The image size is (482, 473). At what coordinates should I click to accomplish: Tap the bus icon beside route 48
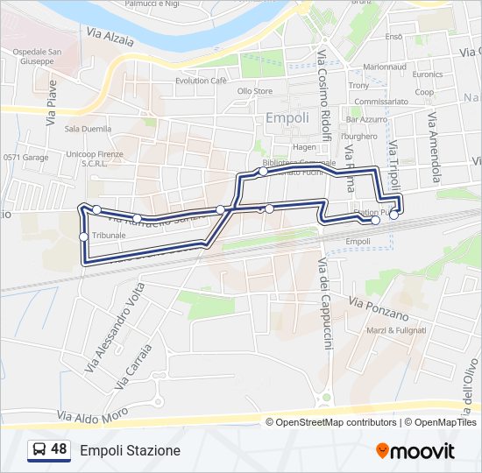click(39, 450)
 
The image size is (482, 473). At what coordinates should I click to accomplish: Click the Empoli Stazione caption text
click(130, 451)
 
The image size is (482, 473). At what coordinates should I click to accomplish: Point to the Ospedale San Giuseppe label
click(36, 57)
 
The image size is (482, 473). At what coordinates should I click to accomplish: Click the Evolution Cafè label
click(200, 81)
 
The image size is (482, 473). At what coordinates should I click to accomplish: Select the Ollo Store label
click(255, 91)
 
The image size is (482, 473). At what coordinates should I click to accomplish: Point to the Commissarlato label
click(381, 102)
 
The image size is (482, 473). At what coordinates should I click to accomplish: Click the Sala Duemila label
click(89, 129)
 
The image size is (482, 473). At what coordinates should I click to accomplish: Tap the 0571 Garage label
click(25, 158)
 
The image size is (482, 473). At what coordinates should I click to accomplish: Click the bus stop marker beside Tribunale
click(83, 236)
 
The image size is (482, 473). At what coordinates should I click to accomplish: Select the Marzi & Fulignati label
click(396, 330)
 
